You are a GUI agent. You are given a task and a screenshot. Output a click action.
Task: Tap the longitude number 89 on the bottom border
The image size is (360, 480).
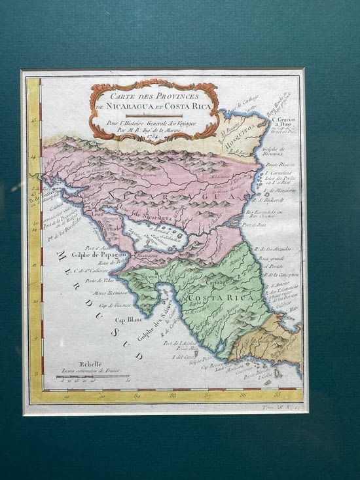click(x=137, y=396)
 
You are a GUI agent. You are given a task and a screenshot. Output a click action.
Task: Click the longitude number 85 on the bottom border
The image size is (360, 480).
click(x=278, y=395)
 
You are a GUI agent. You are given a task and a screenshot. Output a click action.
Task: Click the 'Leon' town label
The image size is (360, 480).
click(x=99, y=214)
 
